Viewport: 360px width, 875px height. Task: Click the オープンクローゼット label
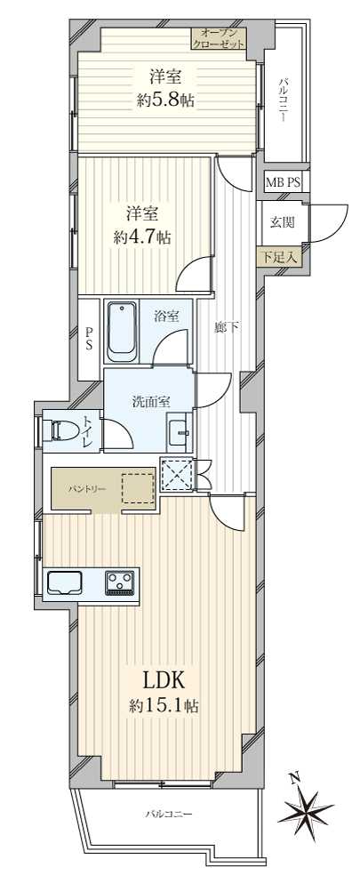pos(219,38)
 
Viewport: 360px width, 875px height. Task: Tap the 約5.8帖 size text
pos(165,101)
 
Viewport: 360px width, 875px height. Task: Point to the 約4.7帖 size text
pos(141,238)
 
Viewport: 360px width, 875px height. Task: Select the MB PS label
pos(283,182)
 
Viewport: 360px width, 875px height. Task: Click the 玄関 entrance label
pos(282,221)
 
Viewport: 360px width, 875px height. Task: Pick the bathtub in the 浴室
pos(122,333)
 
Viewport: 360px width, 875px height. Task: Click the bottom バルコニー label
pos(168,815)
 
